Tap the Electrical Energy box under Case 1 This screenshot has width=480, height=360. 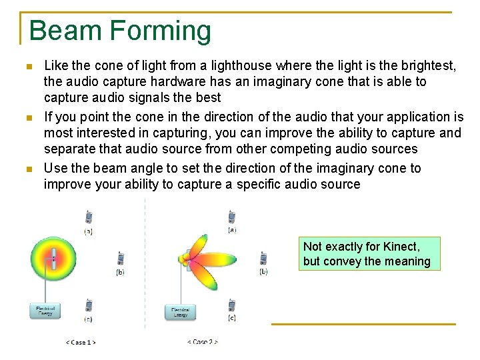pos(45,311)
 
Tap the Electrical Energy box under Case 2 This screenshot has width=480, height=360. pos(180,311)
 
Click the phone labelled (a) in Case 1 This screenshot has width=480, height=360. pos(89,217)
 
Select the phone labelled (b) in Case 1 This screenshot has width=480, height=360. pos(121,258)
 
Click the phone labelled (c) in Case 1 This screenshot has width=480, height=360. pos(89,305)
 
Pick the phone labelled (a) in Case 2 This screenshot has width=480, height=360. pos(231,216)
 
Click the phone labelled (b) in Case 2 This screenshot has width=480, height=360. pos(263,258)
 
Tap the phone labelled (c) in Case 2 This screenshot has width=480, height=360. pos(231,305)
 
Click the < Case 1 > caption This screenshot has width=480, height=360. pos(81,342)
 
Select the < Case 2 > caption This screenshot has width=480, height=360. pos(202,342)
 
